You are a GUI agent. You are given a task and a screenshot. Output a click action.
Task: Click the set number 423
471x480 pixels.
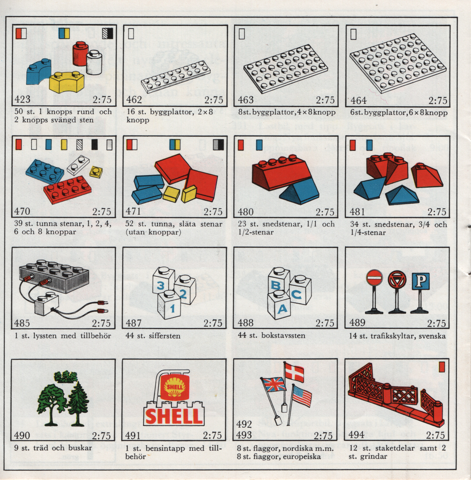22,99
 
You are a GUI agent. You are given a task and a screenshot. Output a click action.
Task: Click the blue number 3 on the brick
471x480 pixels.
161,285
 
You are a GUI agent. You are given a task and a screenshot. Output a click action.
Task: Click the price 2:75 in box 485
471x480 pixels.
102,323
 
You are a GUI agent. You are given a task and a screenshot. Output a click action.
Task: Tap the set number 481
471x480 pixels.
357,212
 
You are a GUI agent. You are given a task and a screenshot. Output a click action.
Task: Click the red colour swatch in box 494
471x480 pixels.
442,367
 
